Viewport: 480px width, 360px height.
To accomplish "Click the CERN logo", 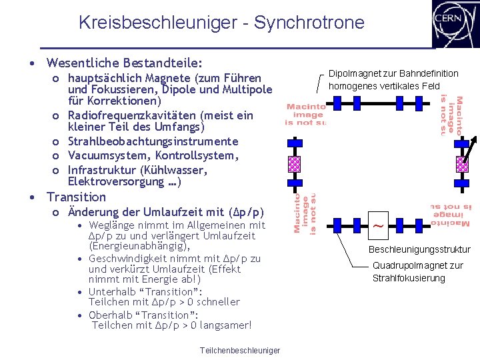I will (456, 24).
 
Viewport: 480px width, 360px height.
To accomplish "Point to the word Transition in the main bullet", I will (76, 197).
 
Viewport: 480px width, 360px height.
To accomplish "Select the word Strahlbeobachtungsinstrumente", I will (153, 141).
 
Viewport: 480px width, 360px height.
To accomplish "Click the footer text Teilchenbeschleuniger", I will (240, 351).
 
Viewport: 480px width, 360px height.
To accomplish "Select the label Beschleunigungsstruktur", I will (419, 249).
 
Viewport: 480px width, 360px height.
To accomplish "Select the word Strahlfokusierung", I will (409, 278).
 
